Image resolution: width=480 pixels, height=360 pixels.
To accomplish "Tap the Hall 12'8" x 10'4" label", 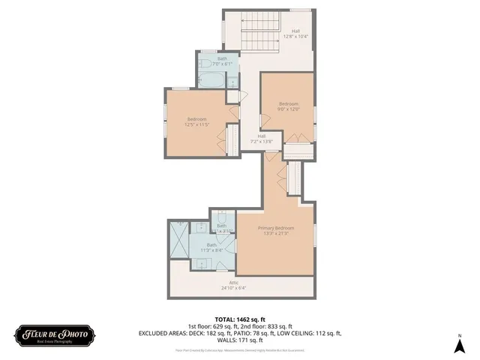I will (x=295, y=34).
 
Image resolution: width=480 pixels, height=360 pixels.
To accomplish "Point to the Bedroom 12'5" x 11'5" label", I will (x=197, y=121).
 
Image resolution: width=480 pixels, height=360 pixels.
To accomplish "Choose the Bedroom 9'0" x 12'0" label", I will (x=289, y=106).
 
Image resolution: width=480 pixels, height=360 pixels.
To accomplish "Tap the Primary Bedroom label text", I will (x=276, y=228).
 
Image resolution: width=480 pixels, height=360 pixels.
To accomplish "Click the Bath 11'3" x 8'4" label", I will (x=212, y=247).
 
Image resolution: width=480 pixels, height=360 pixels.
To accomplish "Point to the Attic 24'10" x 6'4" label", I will (x=233, y=285).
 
